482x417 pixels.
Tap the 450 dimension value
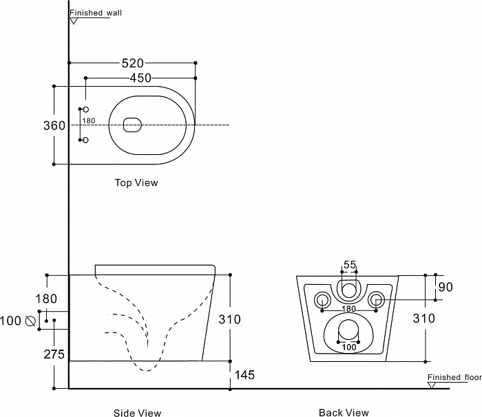140,78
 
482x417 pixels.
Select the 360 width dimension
54,126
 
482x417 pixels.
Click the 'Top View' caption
136,183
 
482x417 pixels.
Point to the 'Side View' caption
137,413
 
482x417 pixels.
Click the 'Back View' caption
344,413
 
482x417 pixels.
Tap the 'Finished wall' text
94,13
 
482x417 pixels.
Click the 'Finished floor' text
453,378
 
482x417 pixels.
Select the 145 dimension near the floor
246,375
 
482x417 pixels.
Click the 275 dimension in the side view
54,355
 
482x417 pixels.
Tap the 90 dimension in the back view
446,287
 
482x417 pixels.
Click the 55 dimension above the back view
350,265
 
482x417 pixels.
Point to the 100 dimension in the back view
349,347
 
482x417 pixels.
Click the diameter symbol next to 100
30,321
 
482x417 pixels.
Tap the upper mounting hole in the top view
86,110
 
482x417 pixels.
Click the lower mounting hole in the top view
86,140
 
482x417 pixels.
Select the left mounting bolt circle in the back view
322,299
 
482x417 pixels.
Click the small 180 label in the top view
88,120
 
